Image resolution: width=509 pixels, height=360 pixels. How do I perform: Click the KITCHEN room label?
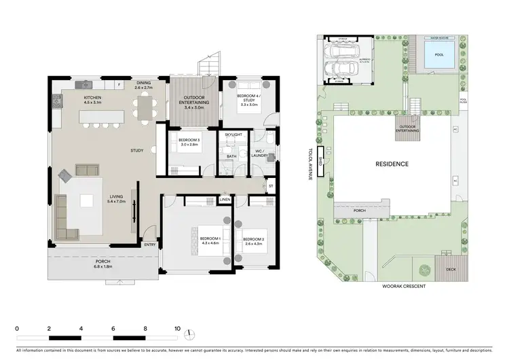(93, 98)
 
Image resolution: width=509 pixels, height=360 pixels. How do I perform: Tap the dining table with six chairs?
(143, 107)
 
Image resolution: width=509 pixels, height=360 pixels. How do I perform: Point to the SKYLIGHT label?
(233, 135)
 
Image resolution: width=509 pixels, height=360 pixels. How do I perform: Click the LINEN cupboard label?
(225, 200)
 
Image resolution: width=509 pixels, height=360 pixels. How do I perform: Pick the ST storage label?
(270, 185)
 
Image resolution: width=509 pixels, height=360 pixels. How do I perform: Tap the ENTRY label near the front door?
(150, 245)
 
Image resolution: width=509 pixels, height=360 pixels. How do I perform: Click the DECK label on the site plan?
(451, 268)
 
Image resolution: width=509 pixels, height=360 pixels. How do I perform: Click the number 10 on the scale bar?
(177, 328)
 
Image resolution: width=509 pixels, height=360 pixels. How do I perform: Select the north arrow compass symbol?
(192, 332)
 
